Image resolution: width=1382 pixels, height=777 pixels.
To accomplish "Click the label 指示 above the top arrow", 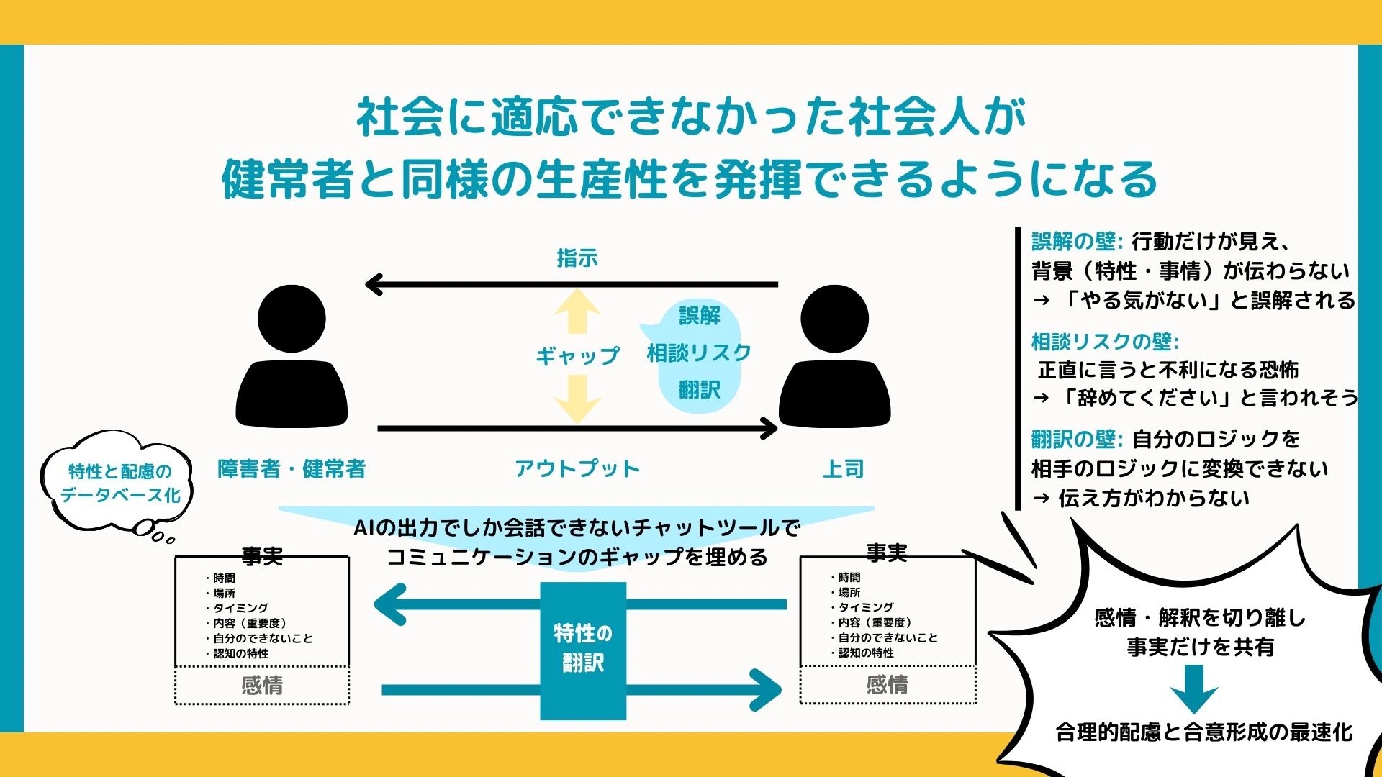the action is (577, 258).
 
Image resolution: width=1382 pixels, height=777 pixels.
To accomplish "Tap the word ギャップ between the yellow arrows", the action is (577, 355).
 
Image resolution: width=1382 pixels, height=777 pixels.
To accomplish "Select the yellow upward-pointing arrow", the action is (577, 312).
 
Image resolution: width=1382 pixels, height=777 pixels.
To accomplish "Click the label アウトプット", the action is (577, 469).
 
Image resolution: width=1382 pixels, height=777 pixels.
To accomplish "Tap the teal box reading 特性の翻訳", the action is (583, 650).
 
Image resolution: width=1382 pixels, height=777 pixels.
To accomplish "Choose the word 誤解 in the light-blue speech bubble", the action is (699, 315).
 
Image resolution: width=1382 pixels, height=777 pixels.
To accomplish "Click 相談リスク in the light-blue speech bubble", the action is (699, 353).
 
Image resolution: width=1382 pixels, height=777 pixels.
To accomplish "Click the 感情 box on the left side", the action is (262, 685).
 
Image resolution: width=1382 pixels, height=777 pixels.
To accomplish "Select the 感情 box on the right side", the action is (888, 684).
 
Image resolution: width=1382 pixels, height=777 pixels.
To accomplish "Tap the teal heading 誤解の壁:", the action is (1077, 241).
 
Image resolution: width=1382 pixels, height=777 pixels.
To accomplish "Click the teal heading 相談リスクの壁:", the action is (1105, 341).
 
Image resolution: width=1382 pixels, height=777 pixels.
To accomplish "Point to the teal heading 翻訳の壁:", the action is (1077, 438).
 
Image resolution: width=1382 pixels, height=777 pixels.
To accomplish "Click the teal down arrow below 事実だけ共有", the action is (1194, 689).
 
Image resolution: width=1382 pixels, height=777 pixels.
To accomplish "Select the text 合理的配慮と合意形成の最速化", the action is (1203, 732).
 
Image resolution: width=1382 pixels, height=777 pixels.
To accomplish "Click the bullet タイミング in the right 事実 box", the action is (862, 607).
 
